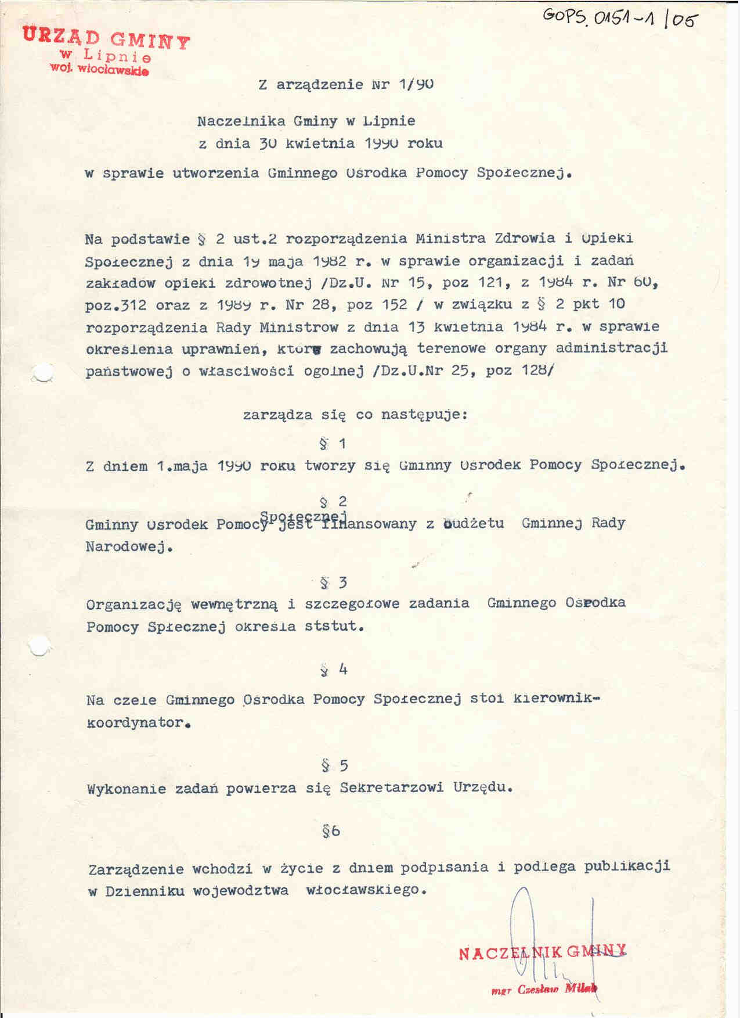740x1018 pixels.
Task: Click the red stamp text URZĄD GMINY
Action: [x=106, y=39]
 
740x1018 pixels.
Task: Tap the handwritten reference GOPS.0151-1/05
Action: [x=620, y=21]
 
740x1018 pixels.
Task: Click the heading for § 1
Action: [x=333, y=444]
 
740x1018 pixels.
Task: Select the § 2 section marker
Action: [x=333, y=501]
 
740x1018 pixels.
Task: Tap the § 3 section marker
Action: [x=334, y=582]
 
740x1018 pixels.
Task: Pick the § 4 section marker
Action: [x=334, y=670]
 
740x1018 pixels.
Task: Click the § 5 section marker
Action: [x=335, y=766]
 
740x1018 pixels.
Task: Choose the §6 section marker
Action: [x=331, y=831]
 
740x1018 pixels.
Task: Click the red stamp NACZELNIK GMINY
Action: [x=542, y=952]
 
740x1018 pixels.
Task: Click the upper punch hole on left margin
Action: [x=42, y=374]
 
